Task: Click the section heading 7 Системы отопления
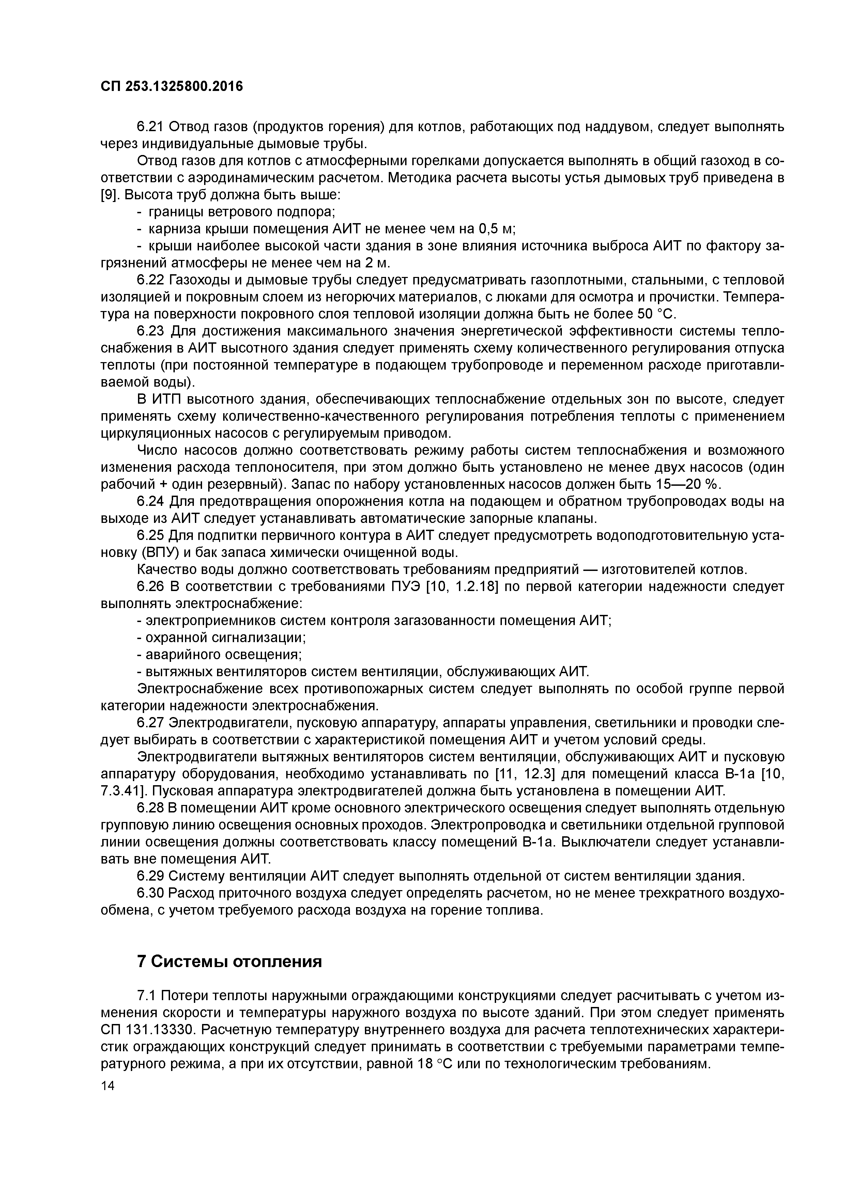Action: pos(229,961)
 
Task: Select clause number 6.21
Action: pos(151,126)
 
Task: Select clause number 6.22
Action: pos(151,280)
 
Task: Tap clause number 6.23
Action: pos(151,331)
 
